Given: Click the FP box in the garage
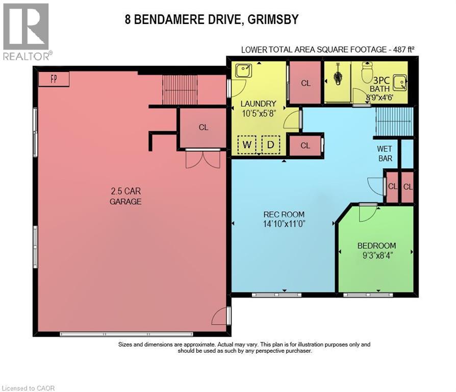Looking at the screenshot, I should [x=54, y=79].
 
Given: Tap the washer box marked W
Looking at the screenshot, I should [x=247, y=144].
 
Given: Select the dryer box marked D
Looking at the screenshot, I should [x=271, y=144].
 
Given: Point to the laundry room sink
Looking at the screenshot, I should [x=241, y=72].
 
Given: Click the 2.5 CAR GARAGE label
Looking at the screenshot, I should [x=125, y=196].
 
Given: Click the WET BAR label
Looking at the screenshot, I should [x=385, y=154].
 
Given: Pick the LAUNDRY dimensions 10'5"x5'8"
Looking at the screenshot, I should [x=259, y=113].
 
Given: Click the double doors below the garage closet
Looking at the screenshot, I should [x=203, y=159].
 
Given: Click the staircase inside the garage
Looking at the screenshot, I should [x=180, y=89].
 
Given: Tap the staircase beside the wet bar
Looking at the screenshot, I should [x=393, y=122].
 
